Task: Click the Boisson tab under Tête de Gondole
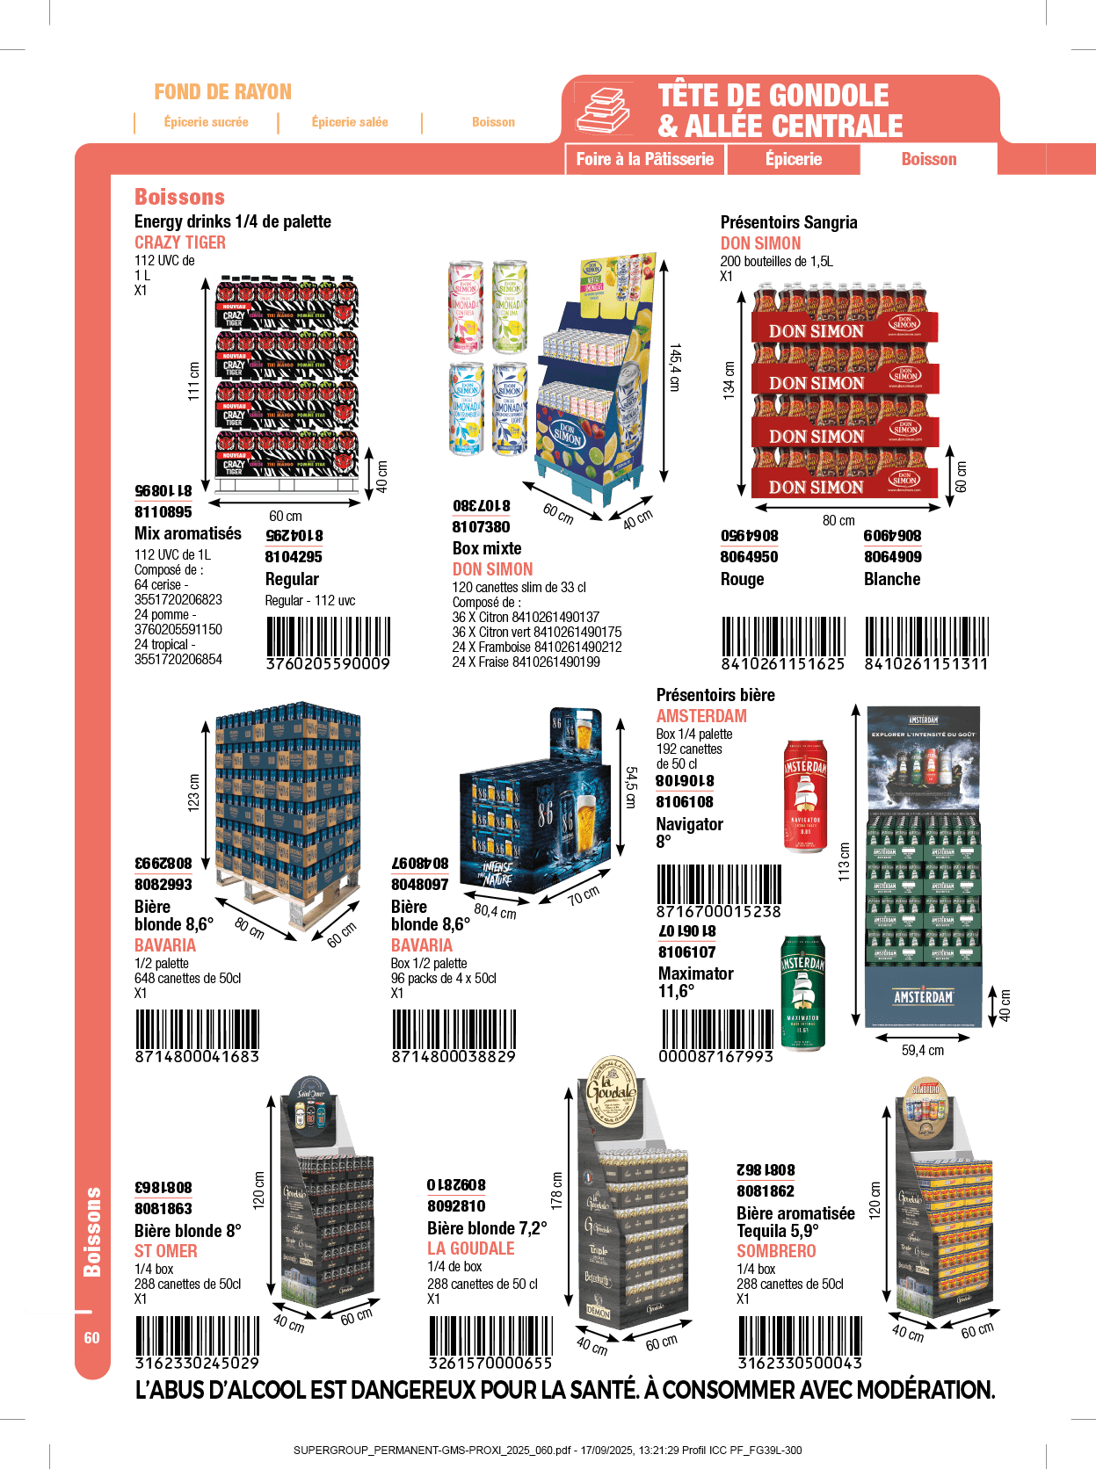[x=928, y=159]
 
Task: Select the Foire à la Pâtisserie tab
[x=644, y=159]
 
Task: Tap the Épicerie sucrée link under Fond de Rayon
[x=206, y=122]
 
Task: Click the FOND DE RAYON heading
[x=222, y=92]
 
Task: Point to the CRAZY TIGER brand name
[x=180, y=242]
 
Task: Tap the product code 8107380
[x=481, y=527]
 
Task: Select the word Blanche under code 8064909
[x=892, y=579]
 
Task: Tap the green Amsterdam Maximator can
[x=803, y=993]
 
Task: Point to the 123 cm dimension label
[x=194, y=792]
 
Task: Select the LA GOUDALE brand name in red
[x=471, y=1248]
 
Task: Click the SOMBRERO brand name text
[x=776, y=1250]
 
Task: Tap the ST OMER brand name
[x=166, y=1251]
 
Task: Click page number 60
[x=91, y=1338]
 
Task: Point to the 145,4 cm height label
[x=675, y=366]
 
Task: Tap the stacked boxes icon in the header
[x=603, y=110]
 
